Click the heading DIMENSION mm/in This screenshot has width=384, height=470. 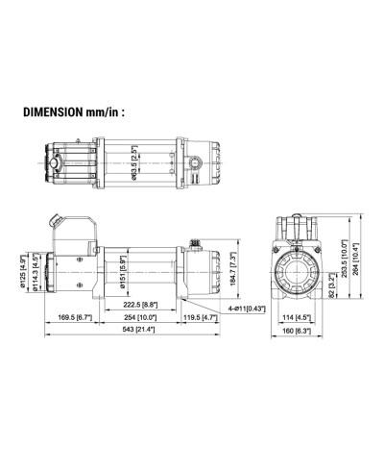click(74, 112)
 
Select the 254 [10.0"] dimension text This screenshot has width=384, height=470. click(140, 317)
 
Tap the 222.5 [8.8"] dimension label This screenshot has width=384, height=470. click(140, 305)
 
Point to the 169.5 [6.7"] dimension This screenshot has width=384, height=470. click(75, 317)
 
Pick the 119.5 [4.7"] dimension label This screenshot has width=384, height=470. click(201, 317)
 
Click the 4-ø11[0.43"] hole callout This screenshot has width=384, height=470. click(247, 309)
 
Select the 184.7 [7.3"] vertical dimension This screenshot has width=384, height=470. click(233, 268)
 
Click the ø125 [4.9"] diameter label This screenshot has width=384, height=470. click(23, 272)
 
